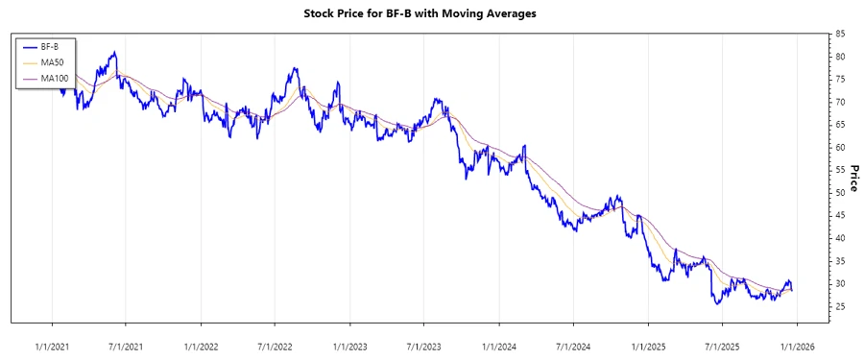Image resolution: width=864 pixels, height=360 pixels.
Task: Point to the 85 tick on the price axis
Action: pyautogui.click(x=840, y=35)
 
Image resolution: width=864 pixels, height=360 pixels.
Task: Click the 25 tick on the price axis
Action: pyautogui.click(x=840, y=307)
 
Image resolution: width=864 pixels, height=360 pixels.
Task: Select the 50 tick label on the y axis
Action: pyautogui.click(x=840, y=193)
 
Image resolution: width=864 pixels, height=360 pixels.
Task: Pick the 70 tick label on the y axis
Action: pyautogui.click(x=840, y=103)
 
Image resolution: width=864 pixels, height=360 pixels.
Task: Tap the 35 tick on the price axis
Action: pyautogui.click(x=840, y=261)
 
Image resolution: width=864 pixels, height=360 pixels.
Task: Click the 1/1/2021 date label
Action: pyautogui.click(x=52, y=346)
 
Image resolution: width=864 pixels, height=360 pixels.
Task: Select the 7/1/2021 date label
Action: pyautogui.click(x=126, y=346)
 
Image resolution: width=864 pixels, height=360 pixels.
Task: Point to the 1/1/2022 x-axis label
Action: pyautogui.click(x=201, y=346)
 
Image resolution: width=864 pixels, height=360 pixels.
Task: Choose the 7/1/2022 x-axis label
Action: pyautogui.click(x=275, y=346)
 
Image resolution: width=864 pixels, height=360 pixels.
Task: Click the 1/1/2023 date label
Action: pyautogui.click(x=349, y=346)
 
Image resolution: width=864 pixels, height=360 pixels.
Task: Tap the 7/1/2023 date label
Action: pyautogui.click(x=423, y=346)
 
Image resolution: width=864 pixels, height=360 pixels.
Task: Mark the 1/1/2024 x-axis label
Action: pyautogui.click(x=498, y=346)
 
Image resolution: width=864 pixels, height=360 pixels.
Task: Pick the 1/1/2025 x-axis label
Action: pyautogui.click(x=648, y=346)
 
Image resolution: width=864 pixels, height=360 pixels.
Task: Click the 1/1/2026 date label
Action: pyautogui.click(x=797, y=346)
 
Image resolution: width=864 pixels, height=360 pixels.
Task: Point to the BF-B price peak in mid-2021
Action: pyautogui.click(x=114, y=52)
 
